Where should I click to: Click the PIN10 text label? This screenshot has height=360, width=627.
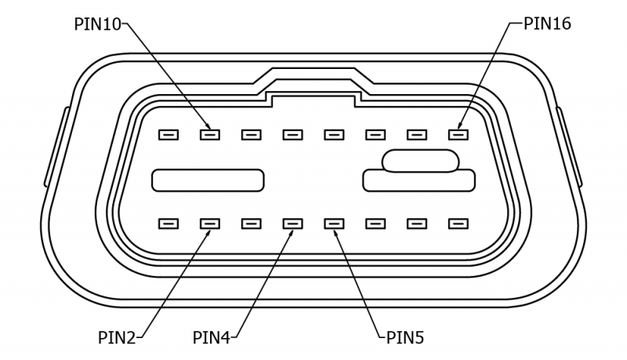point(97,24)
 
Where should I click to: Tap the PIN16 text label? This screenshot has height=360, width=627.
point(548,24)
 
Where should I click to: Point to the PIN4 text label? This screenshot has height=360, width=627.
point(212,338)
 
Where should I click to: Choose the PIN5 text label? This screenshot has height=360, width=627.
point(405,338)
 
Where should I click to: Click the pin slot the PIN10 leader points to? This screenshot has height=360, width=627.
point(209,134)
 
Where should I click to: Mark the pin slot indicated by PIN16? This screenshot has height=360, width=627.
point(458,134)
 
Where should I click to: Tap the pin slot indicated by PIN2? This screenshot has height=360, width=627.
point(209,224)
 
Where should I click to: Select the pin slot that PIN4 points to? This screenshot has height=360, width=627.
point(292,224)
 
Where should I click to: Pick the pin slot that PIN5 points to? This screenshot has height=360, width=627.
point(334,224)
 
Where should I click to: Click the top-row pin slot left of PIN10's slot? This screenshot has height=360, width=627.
point(168,134)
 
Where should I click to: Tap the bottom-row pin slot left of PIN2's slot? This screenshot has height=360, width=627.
point(168,224)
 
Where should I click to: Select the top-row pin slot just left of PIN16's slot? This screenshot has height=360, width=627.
point(417,134)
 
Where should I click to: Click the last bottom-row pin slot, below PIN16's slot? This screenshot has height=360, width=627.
point(458,224)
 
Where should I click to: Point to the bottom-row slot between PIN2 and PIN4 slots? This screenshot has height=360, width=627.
point(251,224)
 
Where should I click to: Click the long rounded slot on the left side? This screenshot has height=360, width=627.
point(208,180)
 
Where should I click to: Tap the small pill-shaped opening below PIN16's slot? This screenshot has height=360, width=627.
point(420,161)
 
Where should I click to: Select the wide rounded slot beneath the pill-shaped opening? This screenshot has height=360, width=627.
point(419,182)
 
